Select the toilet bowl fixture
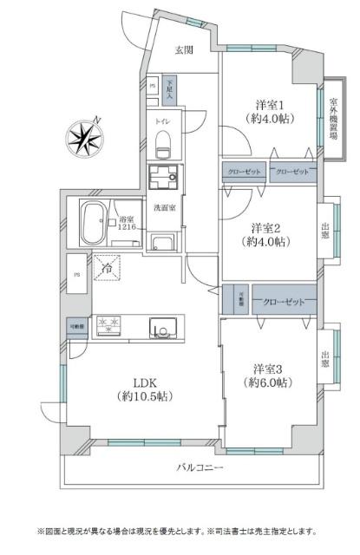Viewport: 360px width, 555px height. (164, 145)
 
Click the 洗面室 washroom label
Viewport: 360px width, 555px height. (164, 208)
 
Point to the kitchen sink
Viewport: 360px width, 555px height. (162, 327)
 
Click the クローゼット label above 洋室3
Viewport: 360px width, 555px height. (284, 301)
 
